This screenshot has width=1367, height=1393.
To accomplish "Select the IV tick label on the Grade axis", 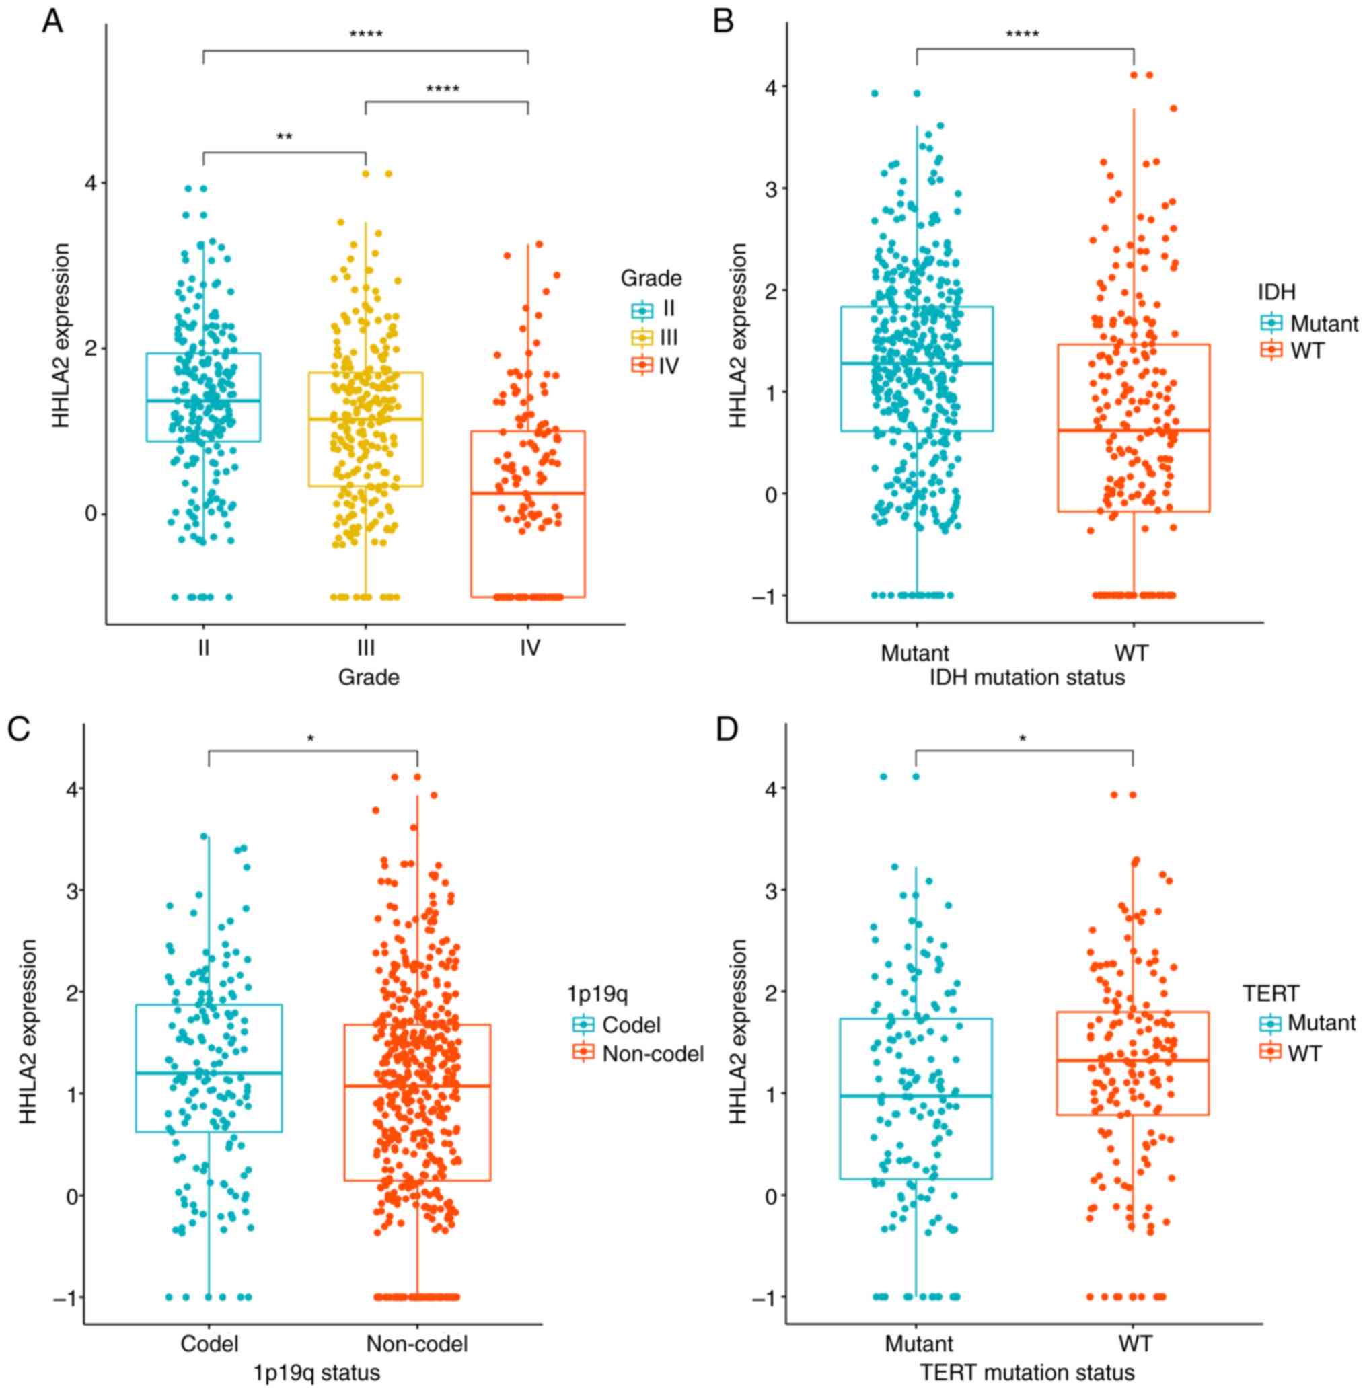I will [530, 648].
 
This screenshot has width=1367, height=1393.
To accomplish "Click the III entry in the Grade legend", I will [669, 337].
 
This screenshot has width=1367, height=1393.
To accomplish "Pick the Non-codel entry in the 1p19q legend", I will [653, 1053].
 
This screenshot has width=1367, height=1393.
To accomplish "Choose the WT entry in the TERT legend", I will [1304, 1053].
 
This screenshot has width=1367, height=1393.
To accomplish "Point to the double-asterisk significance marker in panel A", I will [285, 137].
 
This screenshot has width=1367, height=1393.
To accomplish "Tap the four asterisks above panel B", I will [1023, 34].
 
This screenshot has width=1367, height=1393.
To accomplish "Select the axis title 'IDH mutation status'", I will [1027, 677].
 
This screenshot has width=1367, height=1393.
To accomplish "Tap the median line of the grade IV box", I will [527, 493].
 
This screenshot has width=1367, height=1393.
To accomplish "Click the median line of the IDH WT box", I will [1134, 430].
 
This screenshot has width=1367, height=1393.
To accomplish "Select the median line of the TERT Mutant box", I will [916, 1096].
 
